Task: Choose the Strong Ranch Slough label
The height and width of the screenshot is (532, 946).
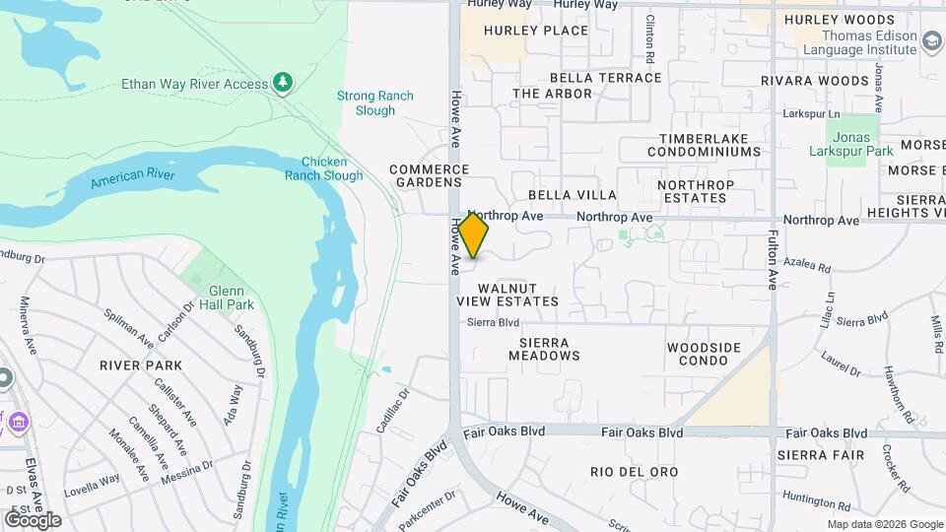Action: coord(375,102)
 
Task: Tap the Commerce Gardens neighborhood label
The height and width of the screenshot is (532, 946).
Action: coord(427,175)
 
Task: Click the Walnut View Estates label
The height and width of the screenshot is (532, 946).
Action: coord(507,294)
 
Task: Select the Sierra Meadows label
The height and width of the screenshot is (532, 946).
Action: coord(543,348)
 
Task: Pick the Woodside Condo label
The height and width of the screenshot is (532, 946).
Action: coord(704,355)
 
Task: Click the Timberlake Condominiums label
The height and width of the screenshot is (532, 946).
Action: coord(704,145)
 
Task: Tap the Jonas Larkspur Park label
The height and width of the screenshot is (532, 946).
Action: coord(863,144)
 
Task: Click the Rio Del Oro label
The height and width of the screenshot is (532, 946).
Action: coord(635,472)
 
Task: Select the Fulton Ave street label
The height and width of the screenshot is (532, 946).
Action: coord(773,260)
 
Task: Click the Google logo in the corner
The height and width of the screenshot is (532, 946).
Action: coord(33,519)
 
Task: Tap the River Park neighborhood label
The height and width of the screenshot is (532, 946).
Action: coord(141,365)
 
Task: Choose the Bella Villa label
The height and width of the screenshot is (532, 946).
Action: coord(573,195)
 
